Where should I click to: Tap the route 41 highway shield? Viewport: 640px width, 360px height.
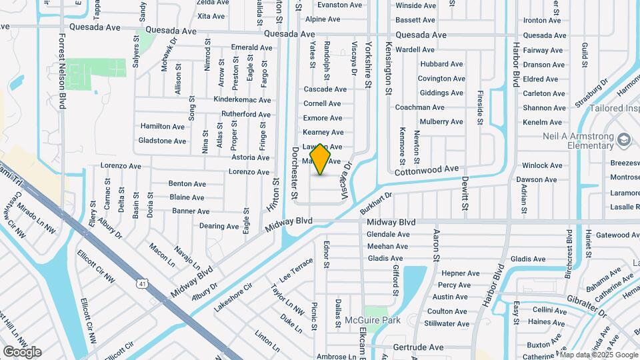pyautogui.click(x=142, y=284)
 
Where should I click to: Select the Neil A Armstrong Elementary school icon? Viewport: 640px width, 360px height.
pyautogui.click(x=624, y=139)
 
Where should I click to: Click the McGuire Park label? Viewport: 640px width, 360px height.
pyautogui.click(x=377, y=320)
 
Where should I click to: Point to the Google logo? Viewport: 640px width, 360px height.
pyautogui.click(x=22, y=352)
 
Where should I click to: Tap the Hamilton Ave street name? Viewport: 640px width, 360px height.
pyautogui.click(x=162, y=126)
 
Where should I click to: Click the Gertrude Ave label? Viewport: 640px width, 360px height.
pyautogui.click(x=418, y=347)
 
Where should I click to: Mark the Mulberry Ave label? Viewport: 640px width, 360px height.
pyautogui.click(x=441, y=122)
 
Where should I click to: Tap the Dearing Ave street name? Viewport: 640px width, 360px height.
pyautogui.click(x=219, y=226)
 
